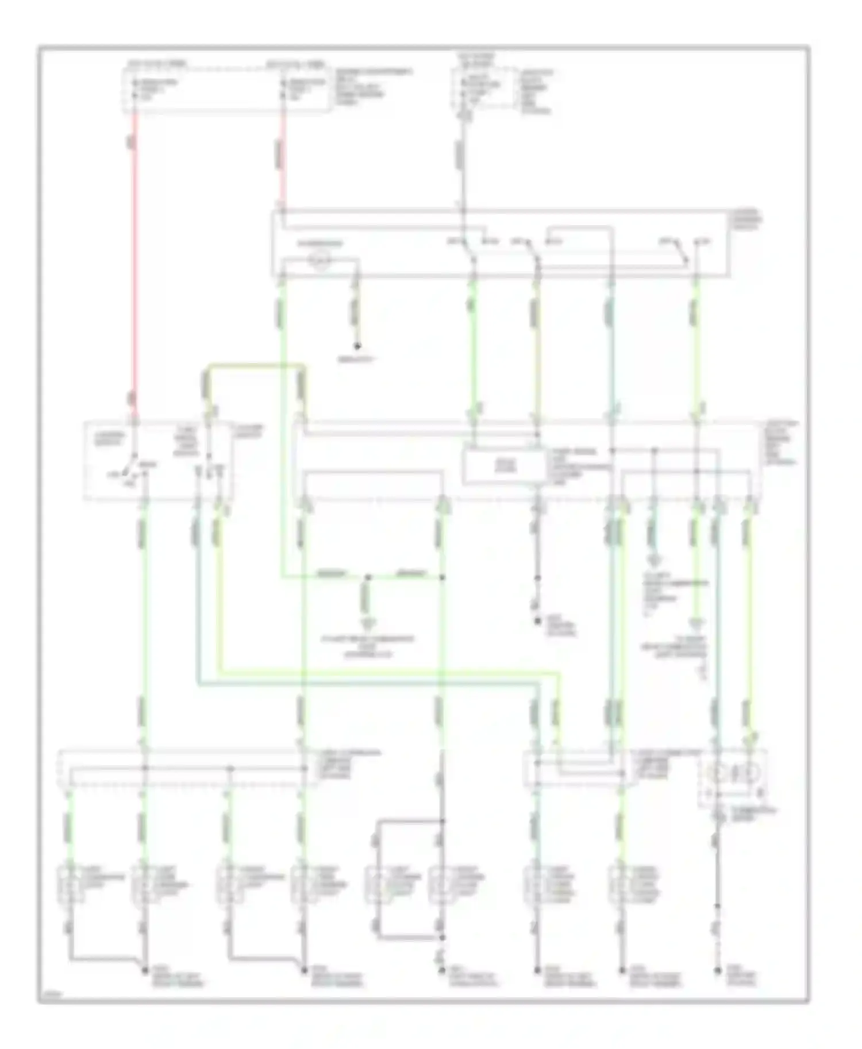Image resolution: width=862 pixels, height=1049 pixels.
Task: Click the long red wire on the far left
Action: (135, 259)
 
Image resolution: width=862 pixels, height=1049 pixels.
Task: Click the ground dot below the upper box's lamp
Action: (357, 347)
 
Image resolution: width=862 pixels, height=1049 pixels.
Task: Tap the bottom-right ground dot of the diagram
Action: (717, 970)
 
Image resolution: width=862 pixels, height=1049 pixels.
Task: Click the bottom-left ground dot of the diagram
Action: (144, 970)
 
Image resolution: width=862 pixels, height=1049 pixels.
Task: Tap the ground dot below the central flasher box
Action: (537, 620)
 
